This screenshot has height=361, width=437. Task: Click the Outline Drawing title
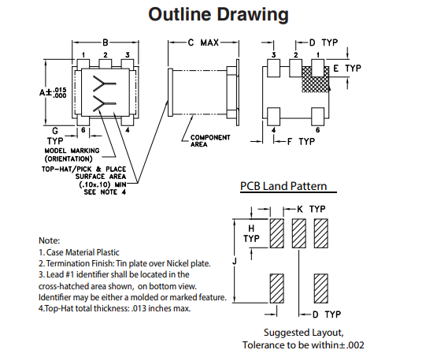pos(218,14)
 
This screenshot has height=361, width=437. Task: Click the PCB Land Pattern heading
pos(283,186)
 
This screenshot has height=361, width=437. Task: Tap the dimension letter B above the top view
pos(106,43)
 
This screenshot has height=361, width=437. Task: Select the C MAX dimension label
pos(203,43)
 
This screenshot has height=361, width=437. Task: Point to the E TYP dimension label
pos(347,69)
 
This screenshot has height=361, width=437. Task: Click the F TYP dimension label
pos(301,142)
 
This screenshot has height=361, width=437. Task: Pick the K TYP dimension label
pos(311,209)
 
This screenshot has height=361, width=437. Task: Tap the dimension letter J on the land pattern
pos(235,261)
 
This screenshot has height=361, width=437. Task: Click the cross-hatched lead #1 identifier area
pos(316,80)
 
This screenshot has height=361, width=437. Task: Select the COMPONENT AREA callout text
pos(210,141)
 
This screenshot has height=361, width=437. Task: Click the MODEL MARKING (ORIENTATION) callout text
pos(72,154)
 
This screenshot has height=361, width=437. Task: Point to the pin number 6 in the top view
pos(83,130)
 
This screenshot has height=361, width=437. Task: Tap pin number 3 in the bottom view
pos(274,55)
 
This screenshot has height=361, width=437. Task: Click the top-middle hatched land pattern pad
pos(298,233)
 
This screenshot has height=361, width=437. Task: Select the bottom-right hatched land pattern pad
pos(320,288)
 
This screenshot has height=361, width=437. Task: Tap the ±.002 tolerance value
pos(352,345)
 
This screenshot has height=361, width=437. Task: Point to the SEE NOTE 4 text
pos(105,192)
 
